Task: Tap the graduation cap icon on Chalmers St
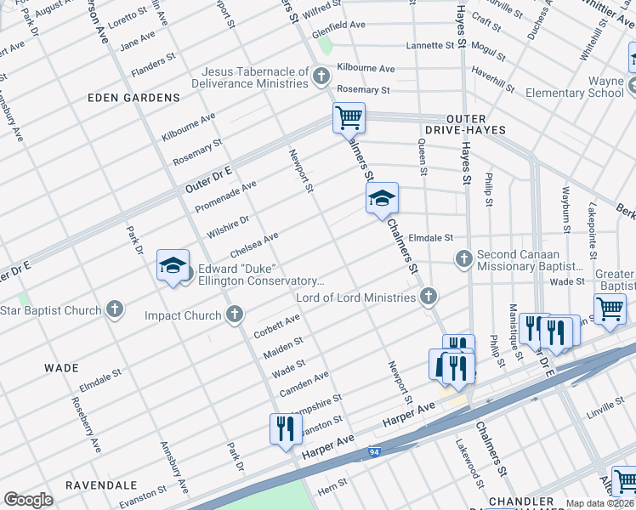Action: [x=383, y=199]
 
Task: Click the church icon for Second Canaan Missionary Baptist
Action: [x=463, y=258]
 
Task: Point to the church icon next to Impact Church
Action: [x=235, y=315]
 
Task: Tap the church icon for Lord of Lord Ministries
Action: [x=429, y=297]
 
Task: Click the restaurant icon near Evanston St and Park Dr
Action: [x=285, y=428]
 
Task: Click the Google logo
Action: [x=29, y=500]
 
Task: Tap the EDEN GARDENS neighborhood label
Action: [x=134, y=98]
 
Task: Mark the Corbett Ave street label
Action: [x=276, y=326]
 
